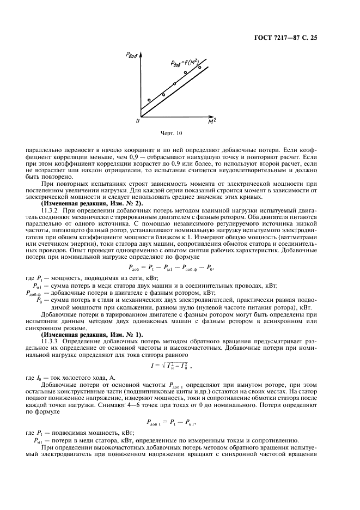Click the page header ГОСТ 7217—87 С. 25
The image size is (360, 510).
click(308, 38)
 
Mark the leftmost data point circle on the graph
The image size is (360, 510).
click(149, 100)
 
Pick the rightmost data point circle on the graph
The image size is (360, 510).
click(199, 68)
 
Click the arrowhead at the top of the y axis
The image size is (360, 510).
click(141, 53)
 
